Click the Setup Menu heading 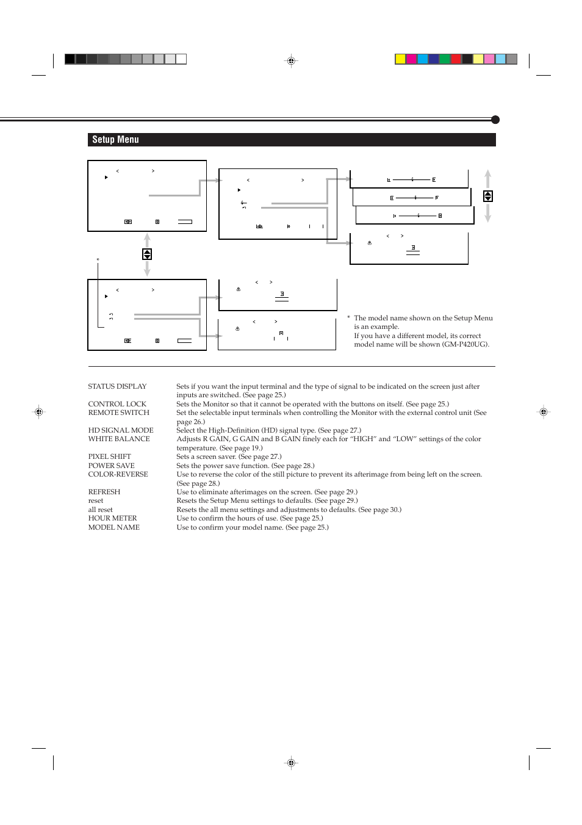115,140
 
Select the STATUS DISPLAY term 117,386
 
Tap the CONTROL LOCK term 117,404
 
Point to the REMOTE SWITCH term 118,412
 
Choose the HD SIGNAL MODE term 121,430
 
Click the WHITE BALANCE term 119,439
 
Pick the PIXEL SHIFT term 109,456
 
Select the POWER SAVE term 111,466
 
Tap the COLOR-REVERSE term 118,474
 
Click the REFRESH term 104,492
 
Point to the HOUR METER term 112,518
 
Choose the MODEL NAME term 113,527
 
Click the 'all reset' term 100,510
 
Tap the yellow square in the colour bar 400,59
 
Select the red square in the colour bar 456,59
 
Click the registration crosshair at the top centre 291,61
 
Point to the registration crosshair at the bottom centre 291,762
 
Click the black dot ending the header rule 495,120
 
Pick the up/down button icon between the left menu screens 147,254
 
